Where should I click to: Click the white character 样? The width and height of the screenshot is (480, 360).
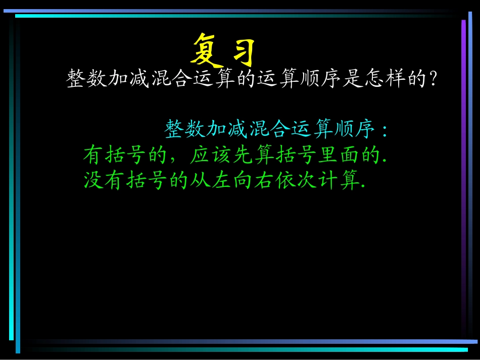click(396, 79)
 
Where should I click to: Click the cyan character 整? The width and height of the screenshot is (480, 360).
click(174, 130)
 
